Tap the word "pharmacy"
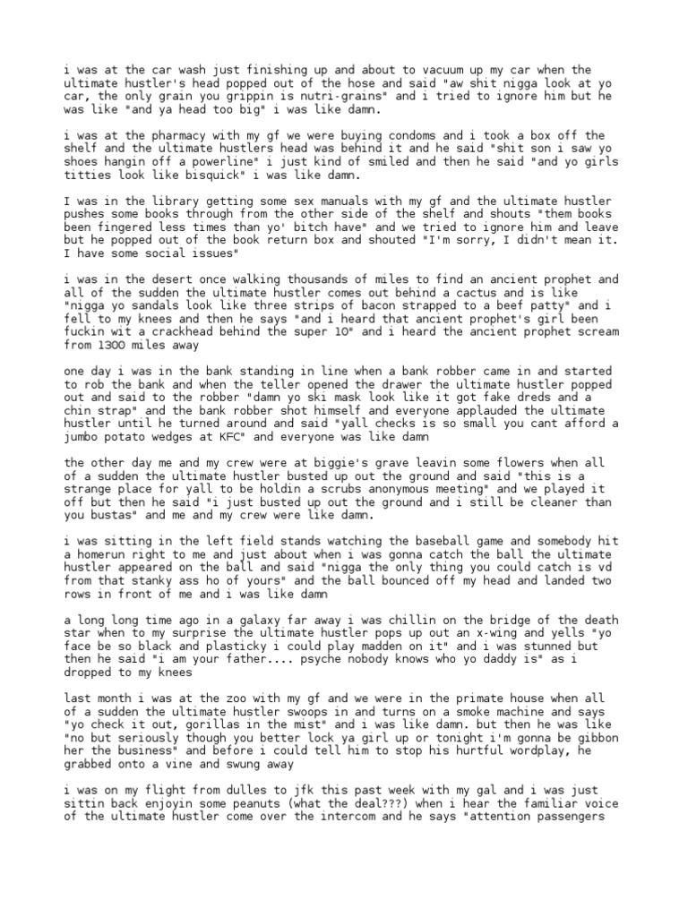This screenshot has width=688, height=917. tap(163, 135)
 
